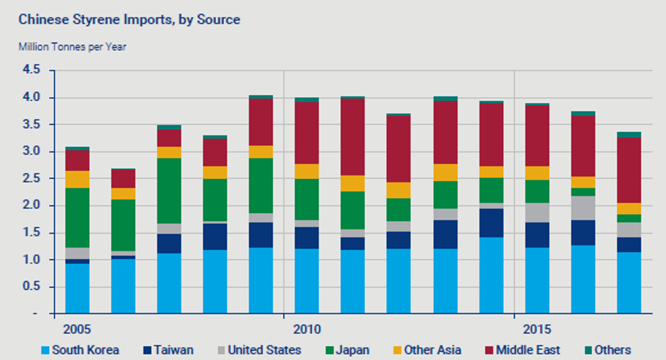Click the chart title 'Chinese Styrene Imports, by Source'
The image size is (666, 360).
coord(129,20)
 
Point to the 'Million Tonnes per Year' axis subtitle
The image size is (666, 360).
coord(73,47)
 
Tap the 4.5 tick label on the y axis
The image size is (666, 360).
coord(31,69)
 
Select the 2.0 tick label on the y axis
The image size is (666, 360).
coord(31,205)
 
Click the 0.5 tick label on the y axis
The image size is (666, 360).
coord(31,286)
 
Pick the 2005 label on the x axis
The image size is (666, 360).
coord(77,329)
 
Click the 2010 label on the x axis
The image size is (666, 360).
coord(307,329)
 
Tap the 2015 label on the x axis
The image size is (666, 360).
coord(537,329)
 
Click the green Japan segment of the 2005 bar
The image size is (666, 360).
coord(77,218)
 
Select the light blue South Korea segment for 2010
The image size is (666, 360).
coord(307,281)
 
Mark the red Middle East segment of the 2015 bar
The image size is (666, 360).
coord(537,136)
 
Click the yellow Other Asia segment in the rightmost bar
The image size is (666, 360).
coord(629,209)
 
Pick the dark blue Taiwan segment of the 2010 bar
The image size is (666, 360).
coord(307,238)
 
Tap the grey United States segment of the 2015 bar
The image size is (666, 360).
coord(537,213)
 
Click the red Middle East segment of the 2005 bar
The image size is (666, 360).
coord(77,160)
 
